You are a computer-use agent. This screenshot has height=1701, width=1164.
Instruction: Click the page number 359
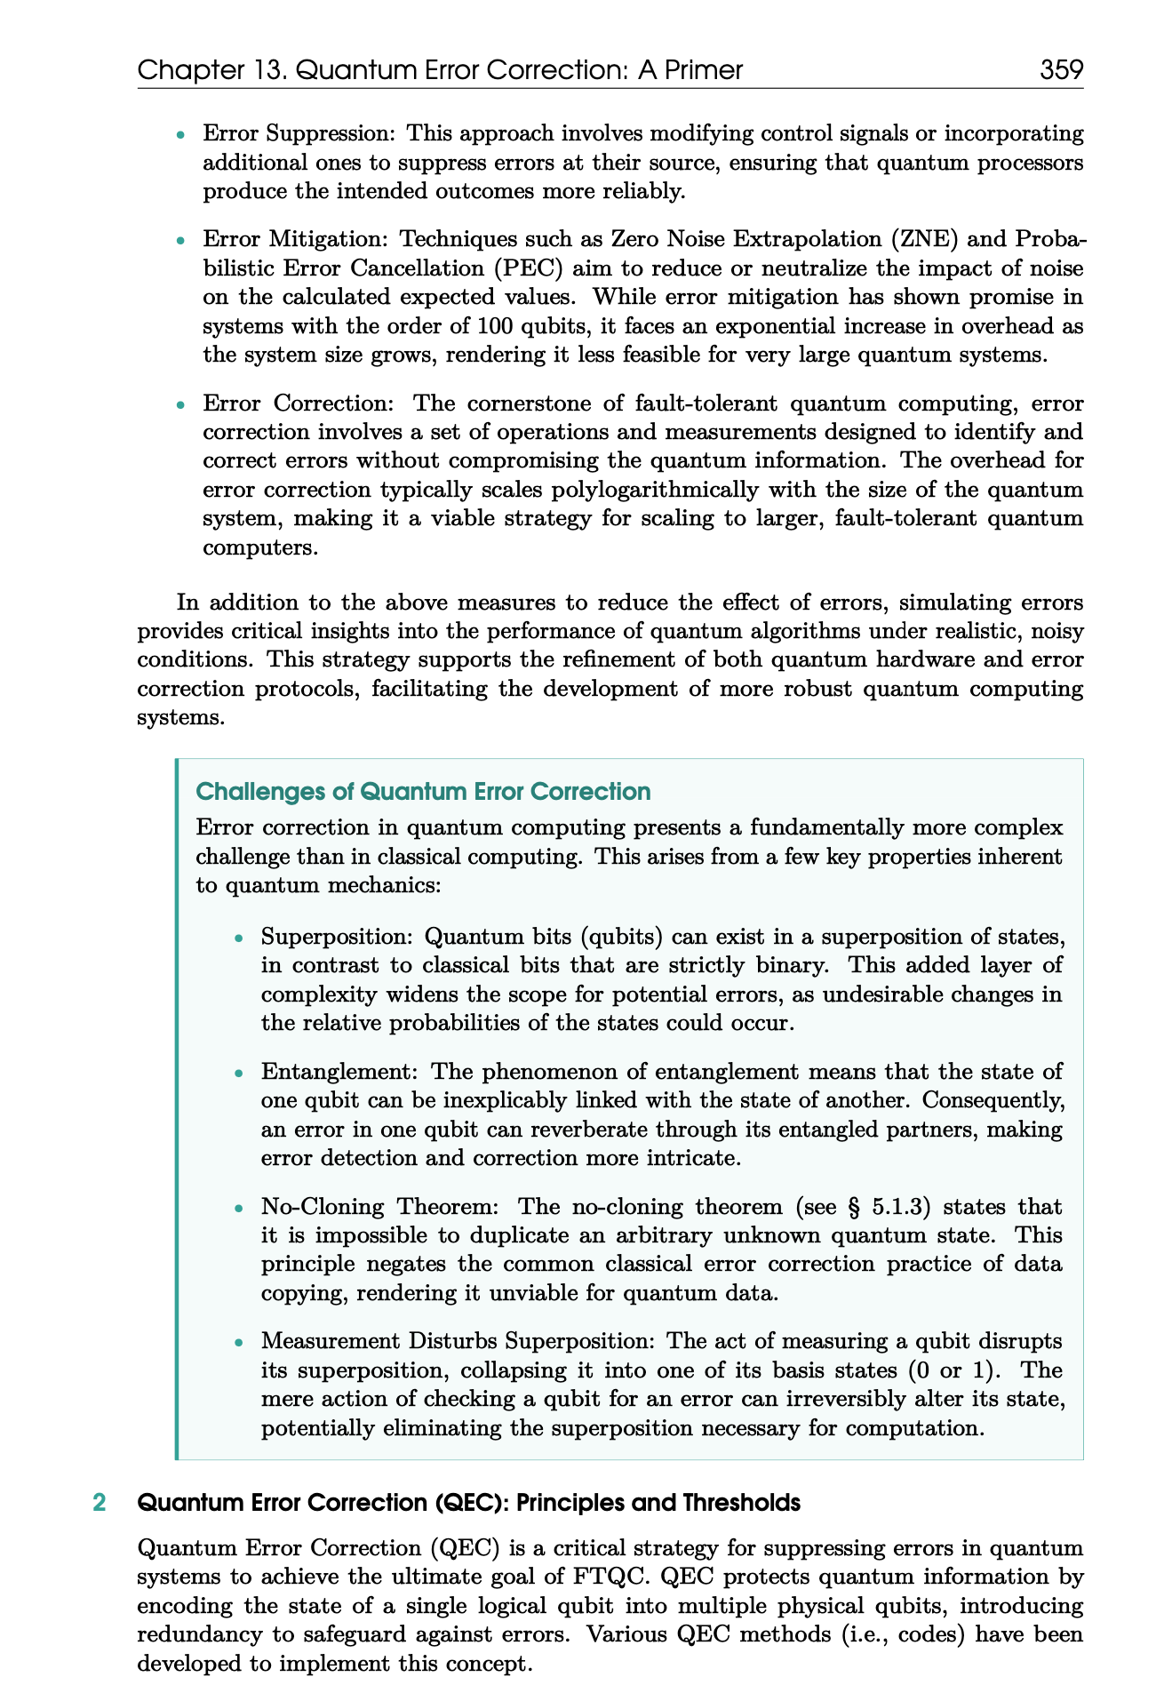coord(1062,69)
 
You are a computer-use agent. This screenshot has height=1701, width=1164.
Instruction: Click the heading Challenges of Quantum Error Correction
coord(423,791)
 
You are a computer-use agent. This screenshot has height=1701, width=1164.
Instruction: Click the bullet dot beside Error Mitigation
coord(180,241)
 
